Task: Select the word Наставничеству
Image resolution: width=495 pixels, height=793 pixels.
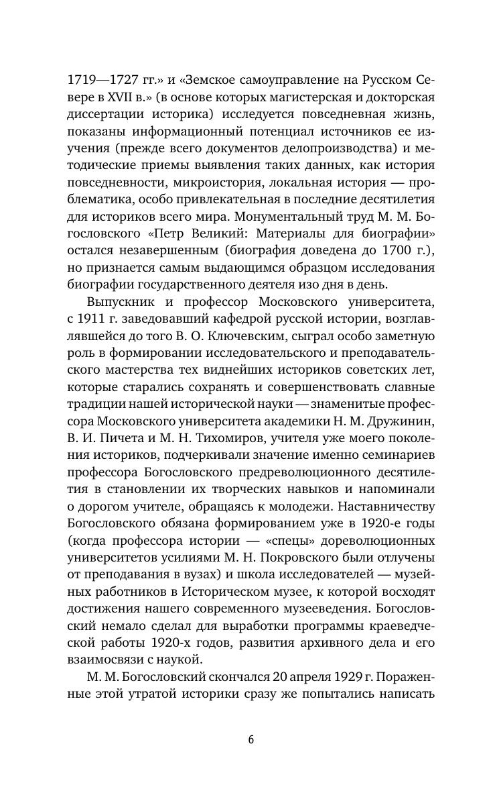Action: click(384, 504)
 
